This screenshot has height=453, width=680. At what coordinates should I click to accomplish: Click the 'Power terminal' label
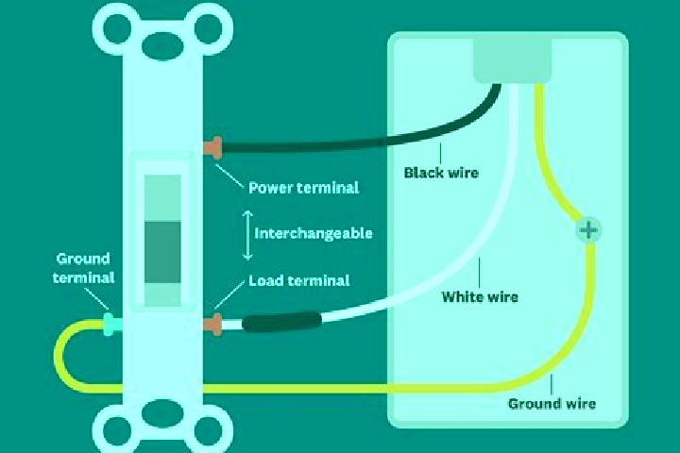[303, 188]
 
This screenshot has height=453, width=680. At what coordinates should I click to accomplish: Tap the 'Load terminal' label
[298, 280]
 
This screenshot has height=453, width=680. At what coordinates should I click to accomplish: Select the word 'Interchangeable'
[314, 234]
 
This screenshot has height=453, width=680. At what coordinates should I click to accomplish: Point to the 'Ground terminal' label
[83, 268]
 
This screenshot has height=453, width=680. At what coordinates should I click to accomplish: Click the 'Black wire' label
[441, 173]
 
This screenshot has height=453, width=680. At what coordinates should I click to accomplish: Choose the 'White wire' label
[480, 297]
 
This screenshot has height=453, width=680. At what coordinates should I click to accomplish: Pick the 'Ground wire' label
[552, 404]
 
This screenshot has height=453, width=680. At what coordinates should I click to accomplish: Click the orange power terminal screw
[212, 148]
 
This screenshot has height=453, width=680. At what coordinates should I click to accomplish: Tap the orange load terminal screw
[212, 325]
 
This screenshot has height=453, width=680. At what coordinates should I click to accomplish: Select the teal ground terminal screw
[111, 325]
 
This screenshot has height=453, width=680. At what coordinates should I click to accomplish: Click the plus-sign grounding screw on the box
[588, 230]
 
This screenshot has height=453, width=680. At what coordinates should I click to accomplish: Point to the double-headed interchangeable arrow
[247, 235]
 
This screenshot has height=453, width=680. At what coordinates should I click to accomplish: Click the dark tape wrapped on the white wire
[282, 323]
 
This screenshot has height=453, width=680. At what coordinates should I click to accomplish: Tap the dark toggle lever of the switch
[162, 252]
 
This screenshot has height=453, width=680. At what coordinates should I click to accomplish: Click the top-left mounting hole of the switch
[117, 28]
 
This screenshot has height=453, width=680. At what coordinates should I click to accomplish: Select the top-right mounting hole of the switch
[208, 28]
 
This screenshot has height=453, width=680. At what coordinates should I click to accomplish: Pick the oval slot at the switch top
[162, 45]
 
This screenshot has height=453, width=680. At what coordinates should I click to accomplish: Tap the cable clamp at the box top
[512, 60]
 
